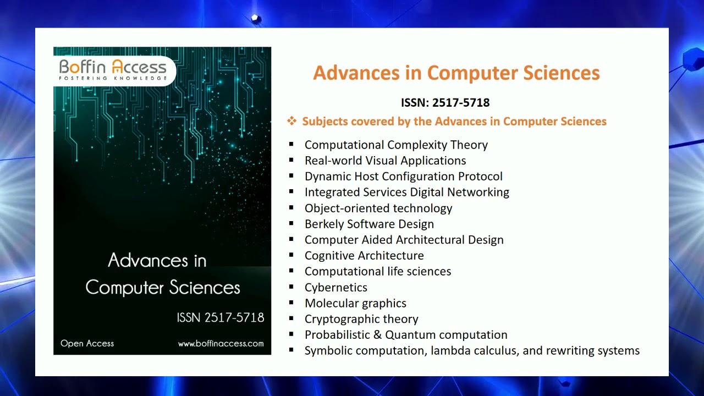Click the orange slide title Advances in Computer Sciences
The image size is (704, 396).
click(456, 73)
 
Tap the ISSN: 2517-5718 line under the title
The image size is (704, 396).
click(445, 103)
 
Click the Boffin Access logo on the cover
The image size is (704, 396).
click(113, 70)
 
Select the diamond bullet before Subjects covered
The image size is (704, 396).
click(291, 121)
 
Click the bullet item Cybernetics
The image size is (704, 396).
click(335, 287)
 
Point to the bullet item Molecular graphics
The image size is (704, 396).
click(355, 303)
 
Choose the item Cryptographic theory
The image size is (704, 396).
click(361, 319)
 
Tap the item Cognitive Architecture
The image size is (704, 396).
click(364, 256)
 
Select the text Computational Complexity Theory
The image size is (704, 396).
click(396, 145)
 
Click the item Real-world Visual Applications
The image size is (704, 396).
click(385, 161)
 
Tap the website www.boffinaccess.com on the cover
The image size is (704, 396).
click(221, 344)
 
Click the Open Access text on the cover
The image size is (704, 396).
click(87, 344)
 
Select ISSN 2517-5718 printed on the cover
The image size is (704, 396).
click(220, 318)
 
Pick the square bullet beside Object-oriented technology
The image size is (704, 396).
click(291, 208)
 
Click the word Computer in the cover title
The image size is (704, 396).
click(125, 288)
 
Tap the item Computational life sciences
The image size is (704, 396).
click(378, 272)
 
